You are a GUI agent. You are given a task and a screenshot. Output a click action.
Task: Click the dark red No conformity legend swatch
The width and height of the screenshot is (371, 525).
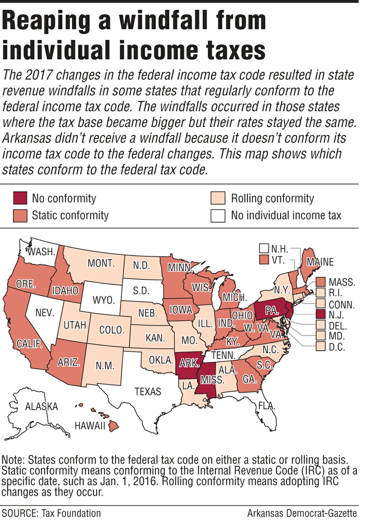20,198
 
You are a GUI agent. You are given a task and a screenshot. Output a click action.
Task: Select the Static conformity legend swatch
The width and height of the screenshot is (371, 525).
20,216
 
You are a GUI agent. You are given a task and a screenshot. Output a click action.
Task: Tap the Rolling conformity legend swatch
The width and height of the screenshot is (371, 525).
218,198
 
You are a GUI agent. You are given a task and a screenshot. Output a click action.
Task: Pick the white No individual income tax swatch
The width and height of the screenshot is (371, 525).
218,216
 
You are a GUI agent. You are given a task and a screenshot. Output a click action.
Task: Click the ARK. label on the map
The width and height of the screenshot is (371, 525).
189,363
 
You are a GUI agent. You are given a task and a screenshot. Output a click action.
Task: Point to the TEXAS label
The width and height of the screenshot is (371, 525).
148,392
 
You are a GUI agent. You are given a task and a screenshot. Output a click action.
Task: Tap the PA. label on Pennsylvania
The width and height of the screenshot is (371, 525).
272,311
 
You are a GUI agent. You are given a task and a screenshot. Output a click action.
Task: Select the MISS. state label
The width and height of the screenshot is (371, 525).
212,380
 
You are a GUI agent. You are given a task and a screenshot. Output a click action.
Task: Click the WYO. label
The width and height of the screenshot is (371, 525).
104,300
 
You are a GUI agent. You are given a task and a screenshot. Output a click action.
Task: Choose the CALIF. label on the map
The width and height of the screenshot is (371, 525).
29,344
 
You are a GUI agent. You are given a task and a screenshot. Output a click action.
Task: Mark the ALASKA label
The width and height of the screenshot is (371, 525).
42,407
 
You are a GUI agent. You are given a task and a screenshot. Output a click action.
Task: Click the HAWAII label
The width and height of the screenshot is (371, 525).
90,426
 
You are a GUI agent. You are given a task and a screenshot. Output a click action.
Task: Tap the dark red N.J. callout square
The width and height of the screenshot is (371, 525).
321,315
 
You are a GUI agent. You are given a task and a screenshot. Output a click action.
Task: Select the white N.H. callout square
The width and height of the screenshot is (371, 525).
264,248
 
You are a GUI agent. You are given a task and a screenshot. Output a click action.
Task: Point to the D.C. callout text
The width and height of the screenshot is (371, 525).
336,348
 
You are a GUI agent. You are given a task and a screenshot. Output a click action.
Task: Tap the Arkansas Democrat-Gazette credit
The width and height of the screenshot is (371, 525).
302,513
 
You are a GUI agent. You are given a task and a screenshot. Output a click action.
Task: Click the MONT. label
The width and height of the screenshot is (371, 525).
101,263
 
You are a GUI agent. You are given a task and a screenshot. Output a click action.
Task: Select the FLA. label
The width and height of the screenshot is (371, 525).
267,406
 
